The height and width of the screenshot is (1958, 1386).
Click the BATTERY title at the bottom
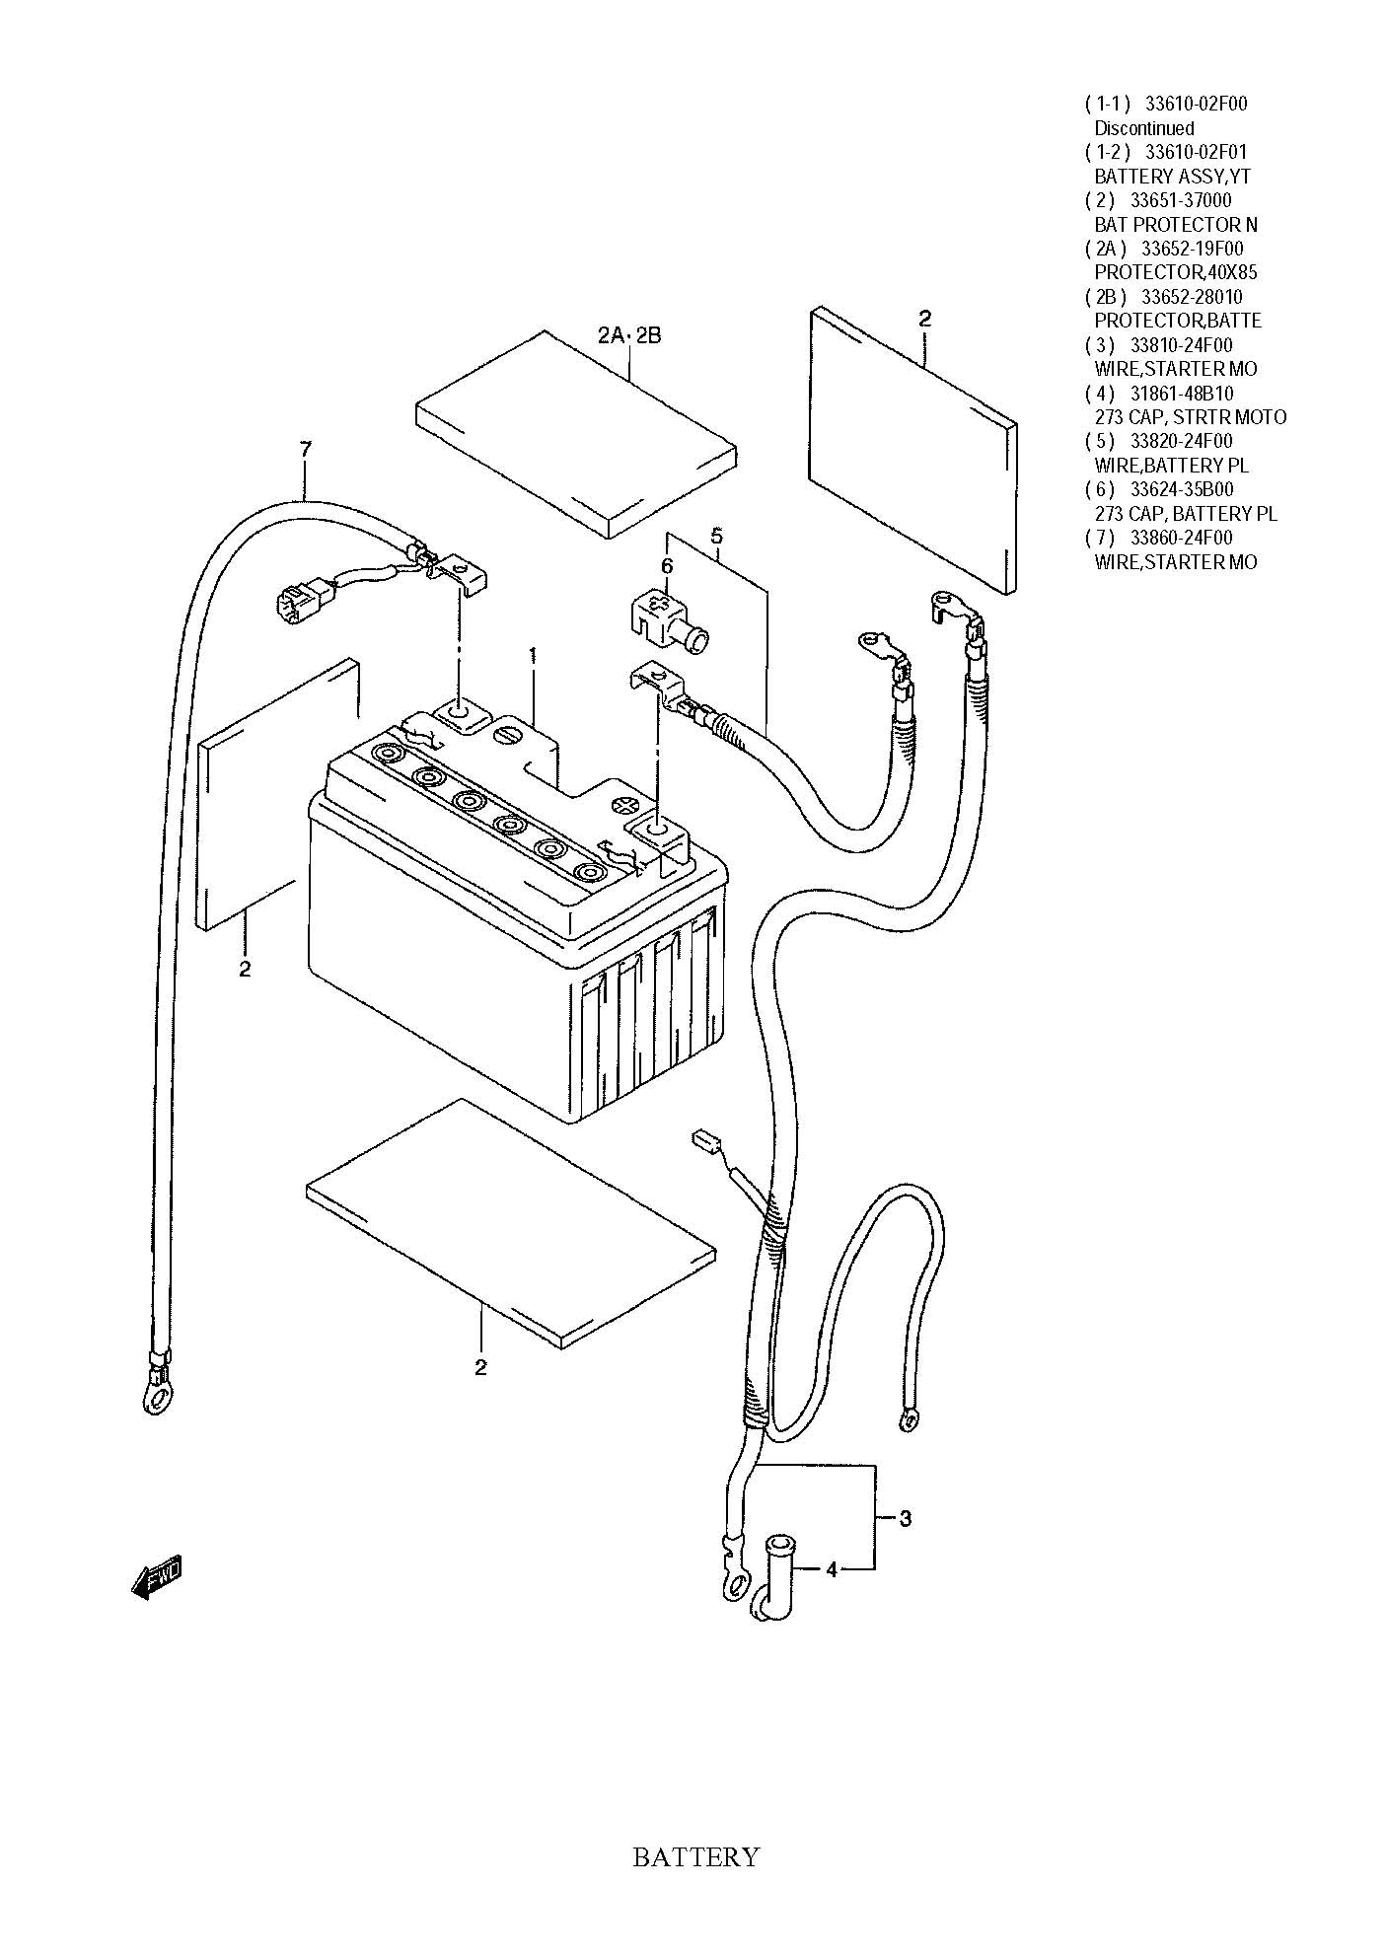click(695, 1857)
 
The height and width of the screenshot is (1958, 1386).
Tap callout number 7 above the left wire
click(306, 450)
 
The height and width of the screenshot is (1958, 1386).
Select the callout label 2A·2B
click(629, 335)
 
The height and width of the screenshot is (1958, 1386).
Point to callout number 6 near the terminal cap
click(667, 566)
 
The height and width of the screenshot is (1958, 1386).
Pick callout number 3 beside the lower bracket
click(906, 1518)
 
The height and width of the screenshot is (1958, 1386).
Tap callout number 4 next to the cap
click(832, 1569)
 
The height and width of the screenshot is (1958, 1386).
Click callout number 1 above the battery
click(533, 655)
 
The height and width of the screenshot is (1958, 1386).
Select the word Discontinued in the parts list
click(1144, 128)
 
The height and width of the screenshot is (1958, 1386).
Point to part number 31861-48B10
click(1182, 394)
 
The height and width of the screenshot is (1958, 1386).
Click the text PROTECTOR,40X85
click(1176, 272)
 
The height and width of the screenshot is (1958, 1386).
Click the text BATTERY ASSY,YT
click(1173, 177)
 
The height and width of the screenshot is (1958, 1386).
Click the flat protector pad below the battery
click(510, 1223)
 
